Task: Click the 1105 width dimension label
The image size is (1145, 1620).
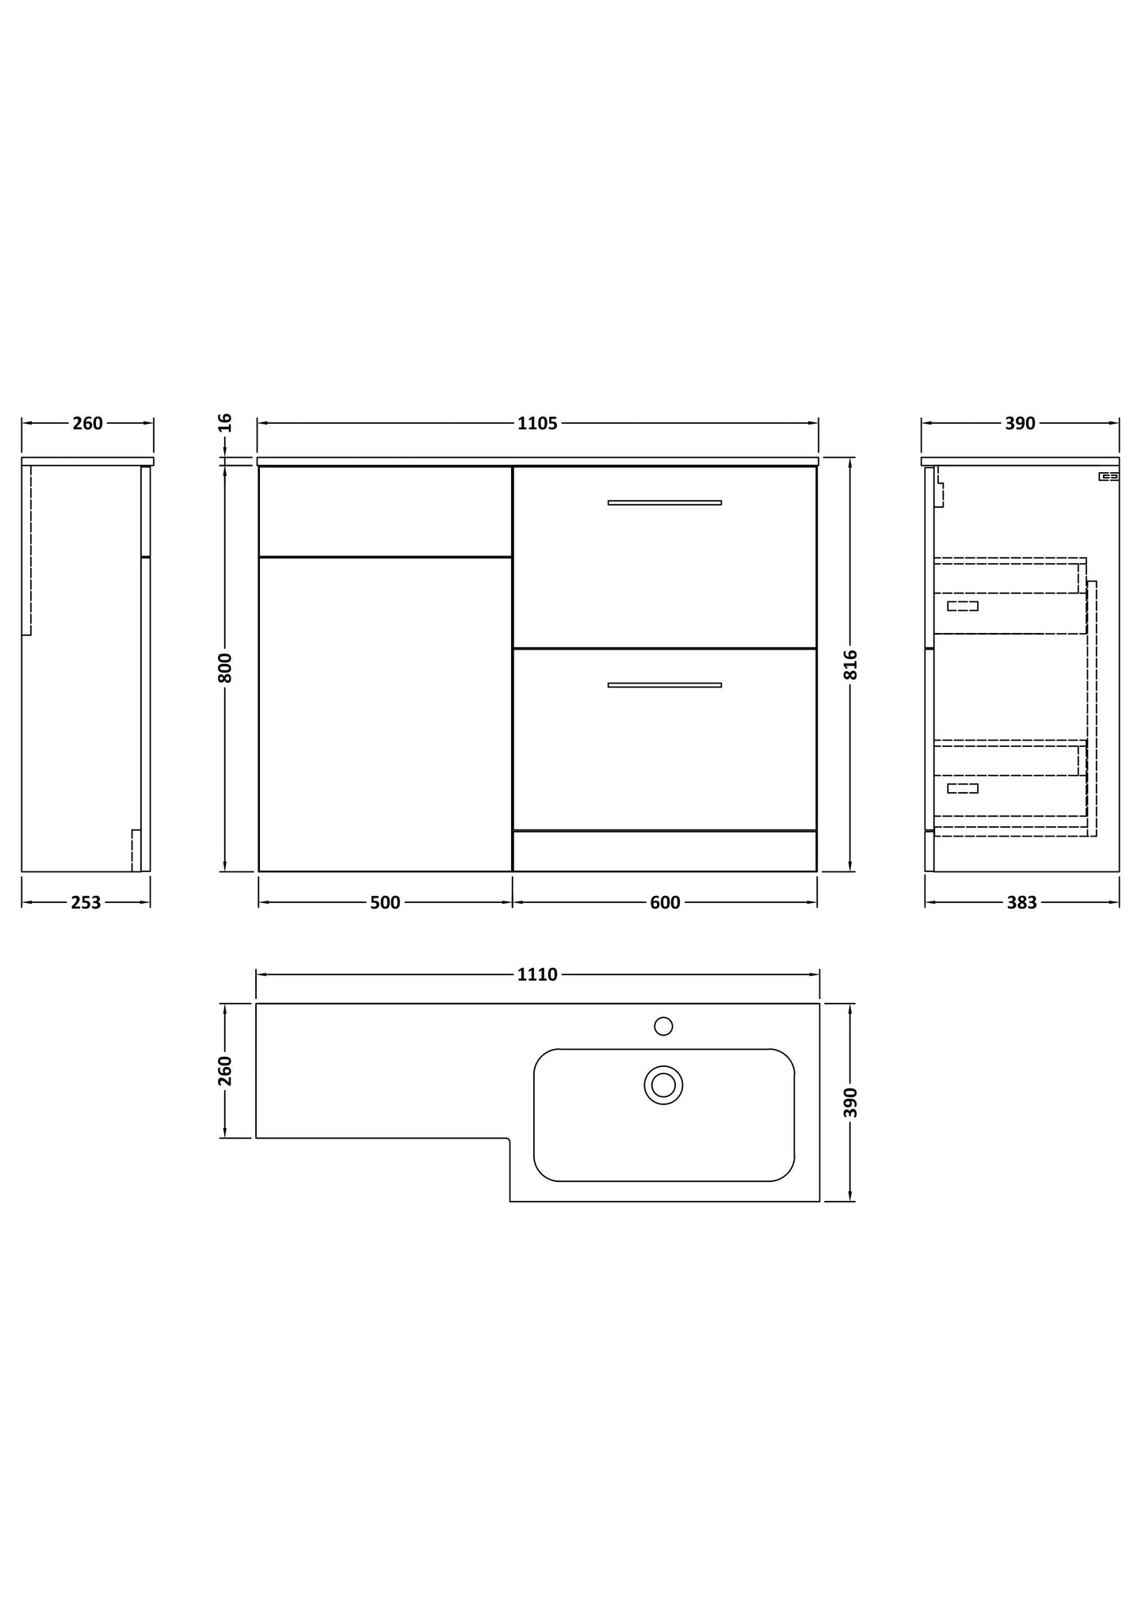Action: [537, 423]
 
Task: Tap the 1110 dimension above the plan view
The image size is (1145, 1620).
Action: [537, 974]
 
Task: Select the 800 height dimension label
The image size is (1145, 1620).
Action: [225, 667]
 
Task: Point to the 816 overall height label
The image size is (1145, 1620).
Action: [850, 665]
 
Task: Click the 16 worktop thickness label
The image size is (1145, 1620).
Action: [225, 422]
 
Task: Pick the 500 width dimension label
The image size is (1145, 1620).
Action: [385, 902]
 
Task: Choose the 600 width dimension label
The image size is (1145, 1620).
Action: [665, 902]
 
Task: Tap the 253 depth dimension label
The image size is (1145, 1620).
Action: [86, 902]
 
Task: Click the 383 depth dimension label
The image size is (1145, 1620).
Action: [1021, 902]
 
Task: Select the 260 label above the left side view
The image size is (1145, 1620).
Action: [87, 423]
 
